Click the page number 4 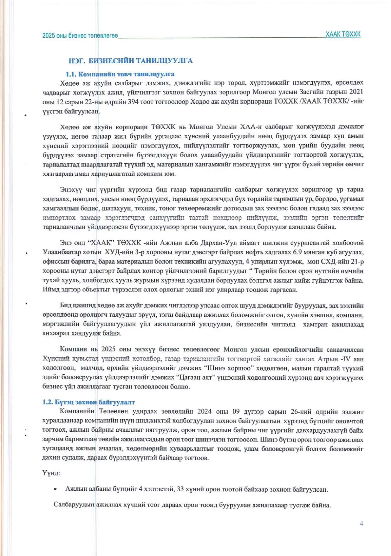pos(361,523)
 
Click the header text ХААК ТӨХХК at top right pos(343,34)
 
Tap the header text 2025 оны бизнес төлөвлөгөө pos(80,36)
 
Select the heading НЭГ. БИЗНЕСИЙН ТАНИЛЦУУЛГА pos(131,61)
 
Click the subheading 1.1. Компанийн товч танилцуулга pos(120,74)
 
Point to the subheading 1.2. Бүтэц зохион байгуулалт pos(88,402)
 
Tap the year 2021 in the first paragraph pos(356,92)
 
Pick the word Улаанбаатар pos(61,252)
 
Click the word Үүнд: pos(51,473)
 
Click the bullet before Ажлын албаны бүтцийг pos(56,489)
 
